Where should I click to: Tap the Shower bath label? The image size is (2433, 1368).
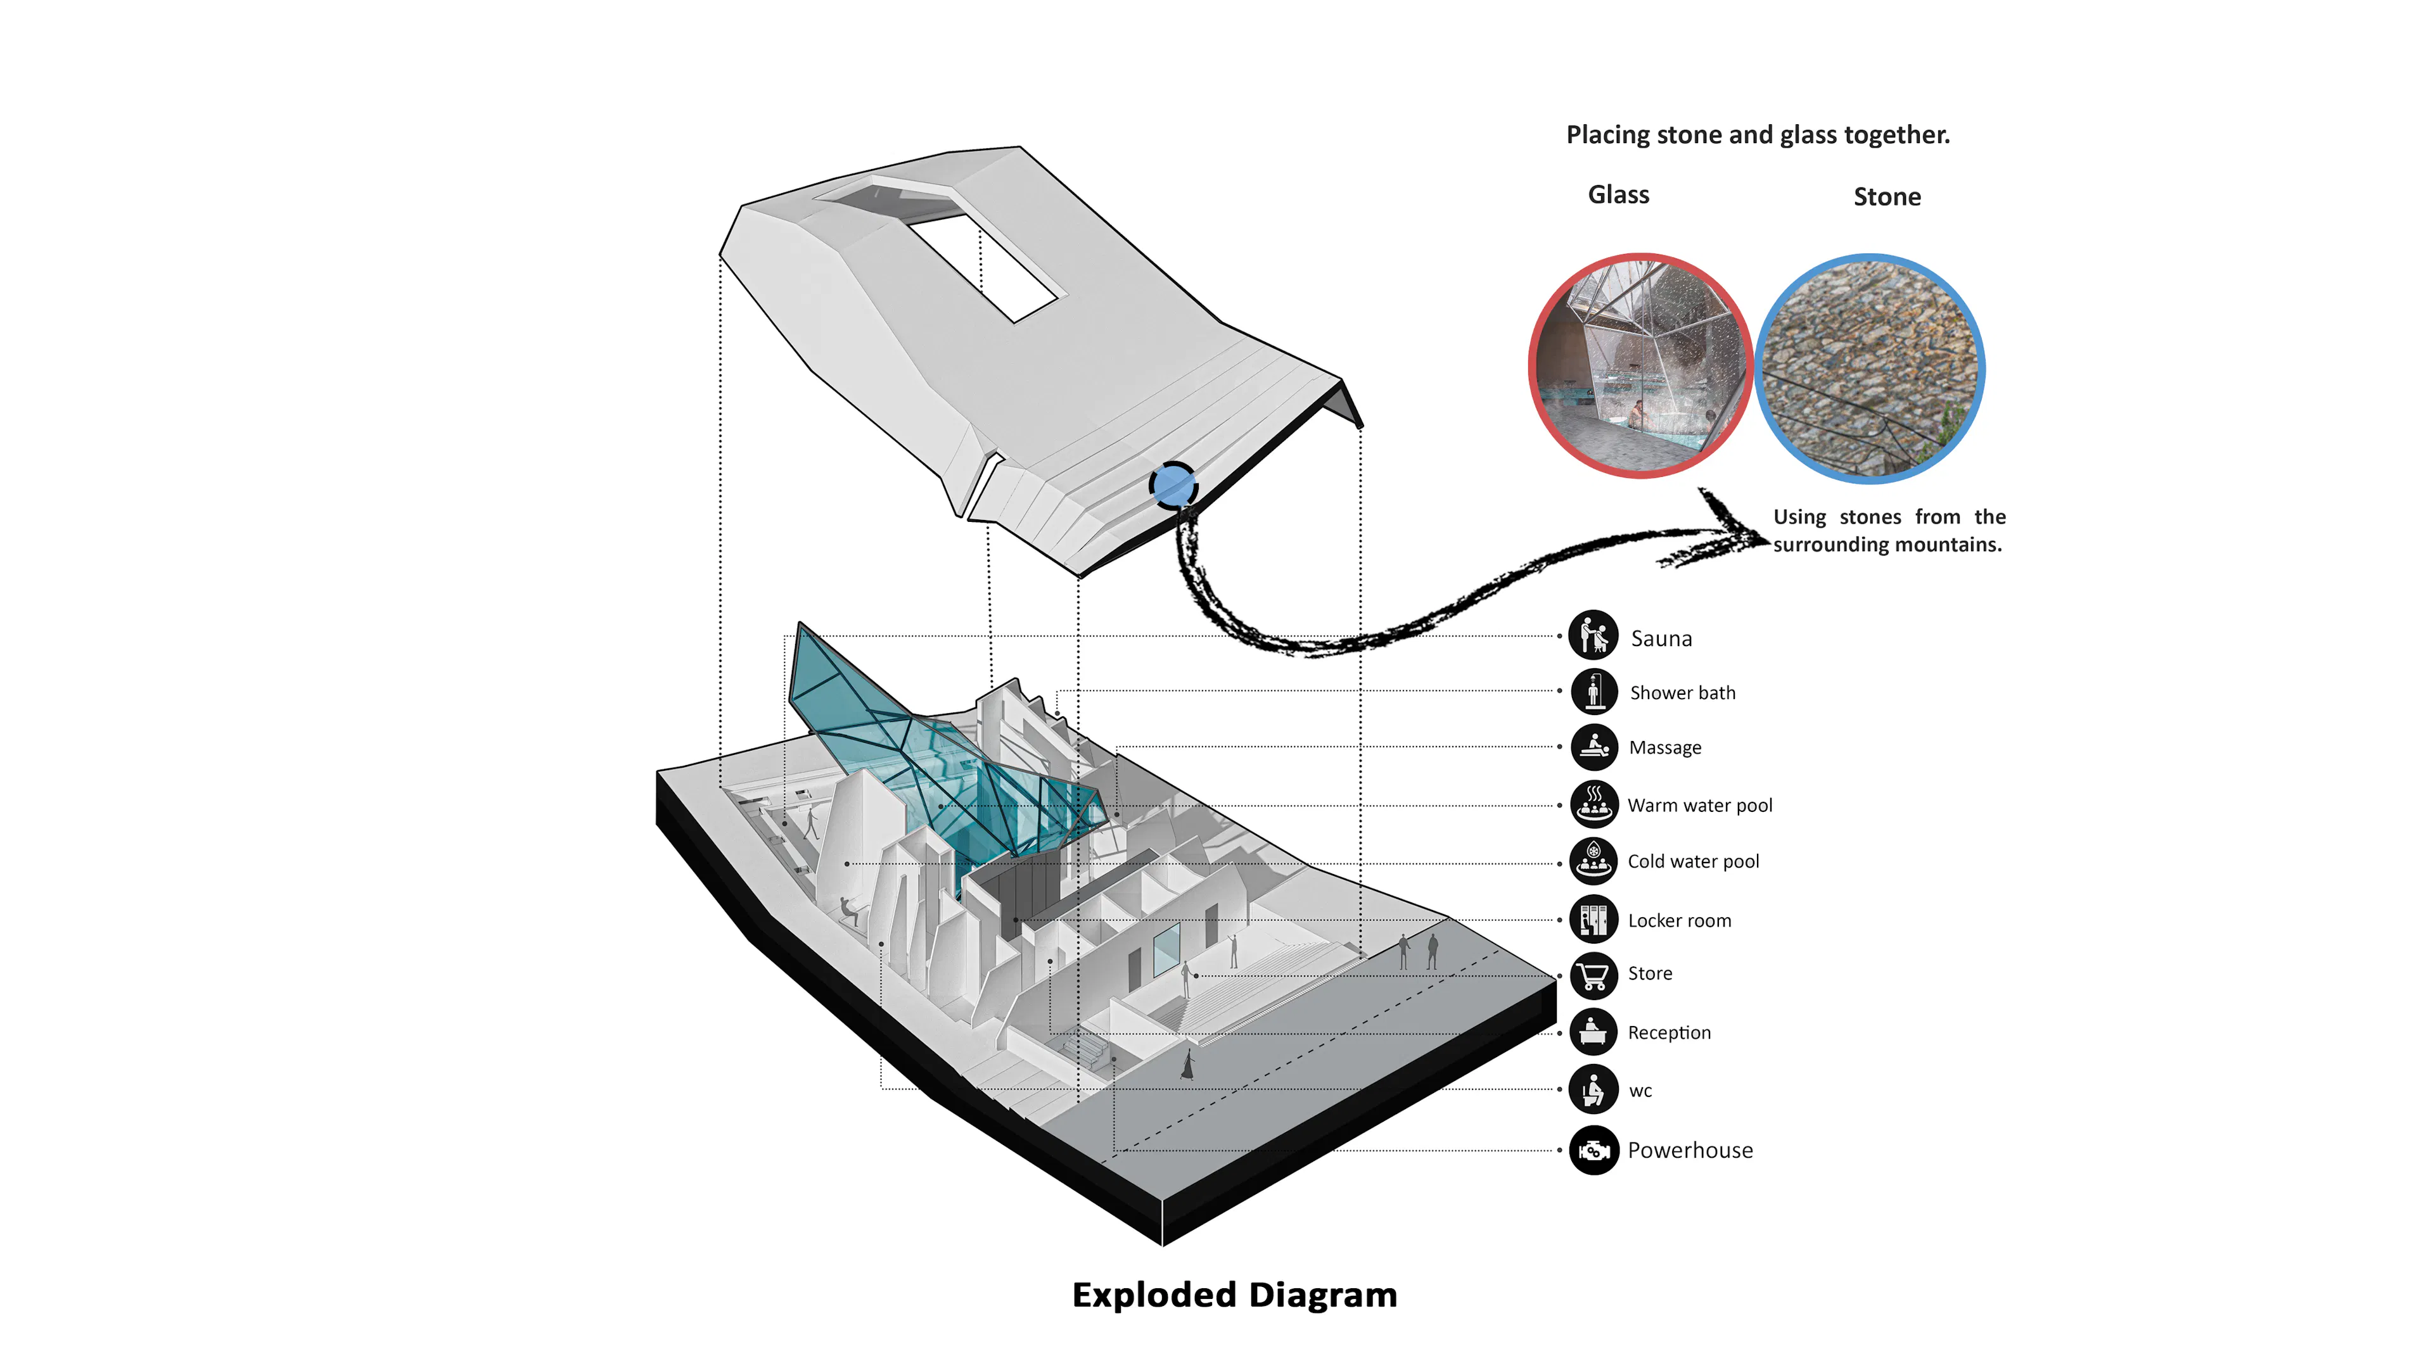(1682, 693)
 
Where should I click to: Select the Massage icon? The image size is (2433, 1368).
(1593, 747)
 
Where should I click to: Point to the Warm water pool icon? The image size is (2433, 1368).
(1593, 804)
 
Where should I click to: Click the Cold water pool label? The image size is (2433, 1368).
(1692, 861)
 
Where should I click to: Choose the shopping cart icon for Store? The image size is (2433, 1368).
(1593, 974)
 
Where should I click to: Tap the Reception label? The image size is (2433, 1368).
(1669, 1033)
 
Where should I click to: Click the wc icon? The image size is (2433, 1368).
(1593, 1089)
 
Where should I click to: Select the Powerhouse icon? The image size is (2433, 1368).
(1593, 1151)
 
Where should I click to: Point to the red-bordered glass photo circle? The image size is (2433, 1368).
(1640, 365)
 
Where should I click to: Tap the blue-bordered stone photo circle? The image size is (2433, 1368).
(1870, 368)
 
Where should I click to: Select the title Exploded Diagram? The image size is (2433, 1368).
(1234, 1295)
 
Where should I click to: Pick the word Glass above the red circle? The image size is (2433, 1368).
(1618, 194)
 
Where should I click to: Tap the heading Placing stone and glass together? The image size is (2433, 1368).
(1758, 135)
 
